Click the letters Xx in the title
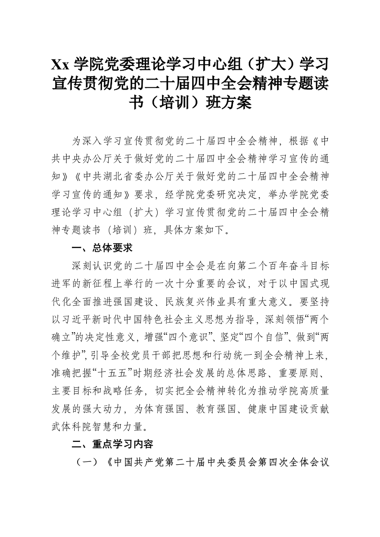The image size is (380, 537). pos(60,64)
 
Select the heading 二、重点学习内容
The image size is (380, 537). pos(112,444)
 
